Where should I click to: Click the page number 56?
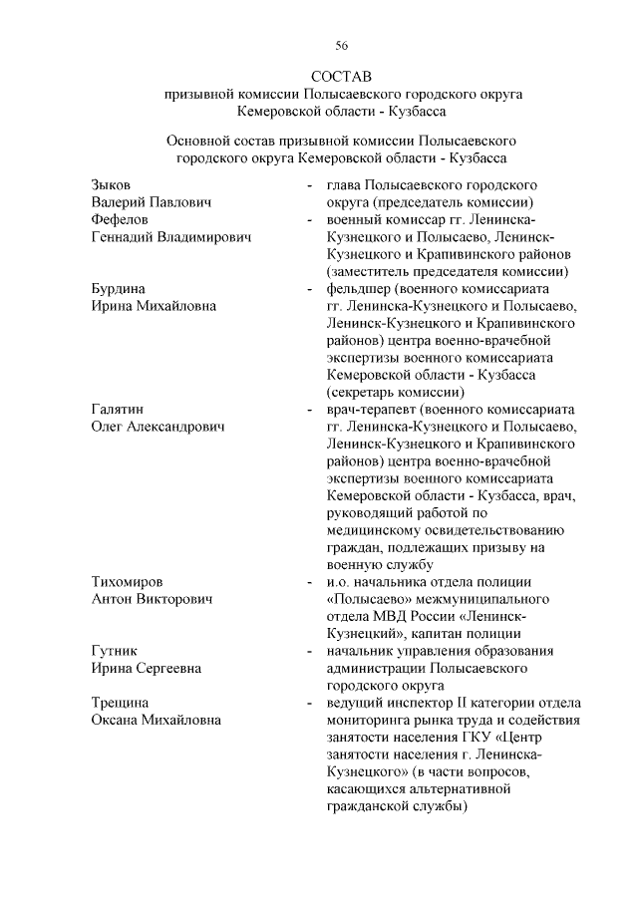pyautogui.click(x=341, y=46)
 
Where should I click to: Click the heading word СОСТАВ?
pyautogui.click(x=341, y=76)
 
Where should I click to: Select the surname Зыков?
pyautogui.click(x=111, y=185)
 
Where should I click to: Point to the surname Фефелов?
pyautogui.click(x=120, y=219)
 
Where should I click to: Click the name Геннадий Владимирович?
pyautogui.click(x=170, y=237)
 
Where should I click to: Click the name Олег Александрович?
pyautogui.click(x=159, y=427)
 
